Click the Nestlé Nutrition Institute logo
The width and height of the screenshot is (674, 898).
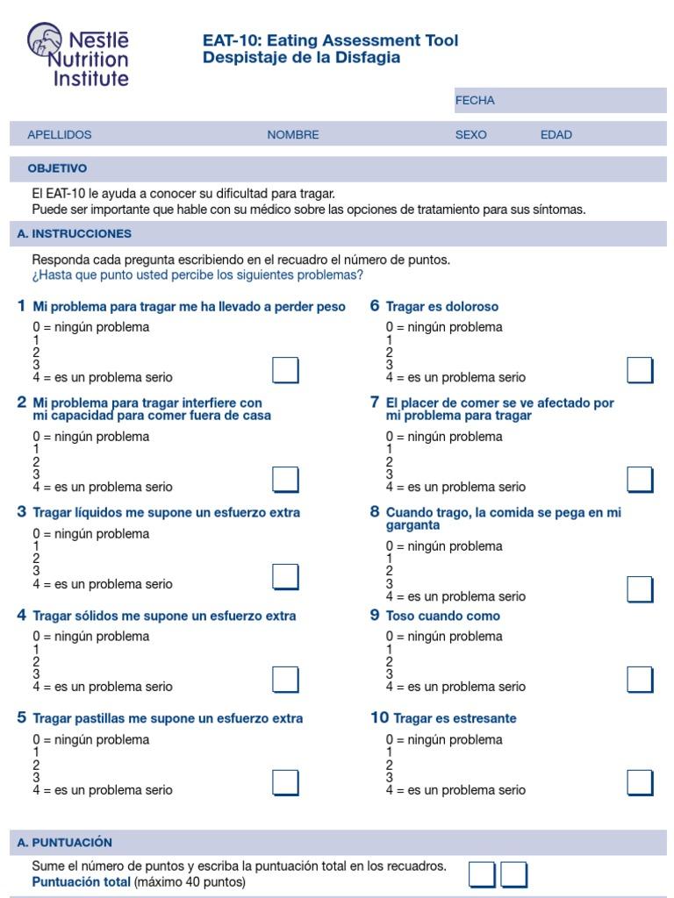tap(78, 54)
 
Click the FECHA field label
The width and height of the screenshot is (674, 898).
tap(475, 101)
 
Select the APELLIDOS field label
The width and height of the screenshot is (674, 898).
tap(60, 135)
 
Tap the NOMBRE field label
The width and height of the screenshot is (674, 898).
tap(293, 135)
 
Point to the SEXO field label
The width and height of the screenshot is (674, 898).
tap(470, 135)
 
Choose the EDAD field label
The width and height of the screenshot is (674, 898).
tap(556, 135)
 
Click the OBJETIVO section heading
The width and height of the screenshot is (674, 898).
tap(57, 168)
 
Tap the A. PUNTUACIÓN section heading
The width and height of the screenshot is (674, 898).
tap(70, 842)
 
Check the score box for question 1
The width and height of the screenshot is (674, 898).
tap(285, 371)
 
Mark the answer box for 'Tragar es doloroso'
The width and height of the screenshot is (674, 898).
tap(640, 371)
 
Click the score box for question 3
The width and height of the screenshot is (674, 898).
tap(285, 577)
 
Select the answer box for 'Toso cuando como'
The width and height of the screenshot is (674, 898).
tap(640, 680)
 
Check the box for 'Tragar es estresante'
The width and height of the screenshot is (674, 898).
tap(640, 782)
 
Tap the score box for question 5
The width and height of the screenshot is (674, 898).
tap(285, 782)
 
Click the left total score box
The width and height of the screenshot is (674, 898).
tap(482, 874)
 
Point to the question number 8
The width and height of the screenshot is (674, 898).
tap(375, 512)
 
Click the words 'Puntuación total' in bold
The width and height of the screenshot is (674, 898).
tap(81, 882)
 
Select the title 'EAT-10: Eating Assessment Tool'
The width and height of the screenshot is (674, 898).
tap(330, 40)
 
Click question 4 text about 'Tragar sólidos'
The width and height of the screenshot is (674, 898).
tap(164, 616)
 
